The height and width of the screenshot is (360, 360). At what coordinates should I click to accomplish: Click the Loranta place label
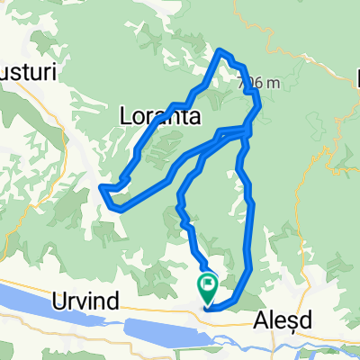[158, 116]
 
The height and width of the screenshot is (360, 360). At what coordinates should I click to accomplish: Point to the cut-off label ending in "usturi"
[27, 72]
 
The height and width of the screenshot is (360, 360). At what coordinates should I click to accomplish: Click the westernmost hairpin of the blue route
[101, 187]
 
